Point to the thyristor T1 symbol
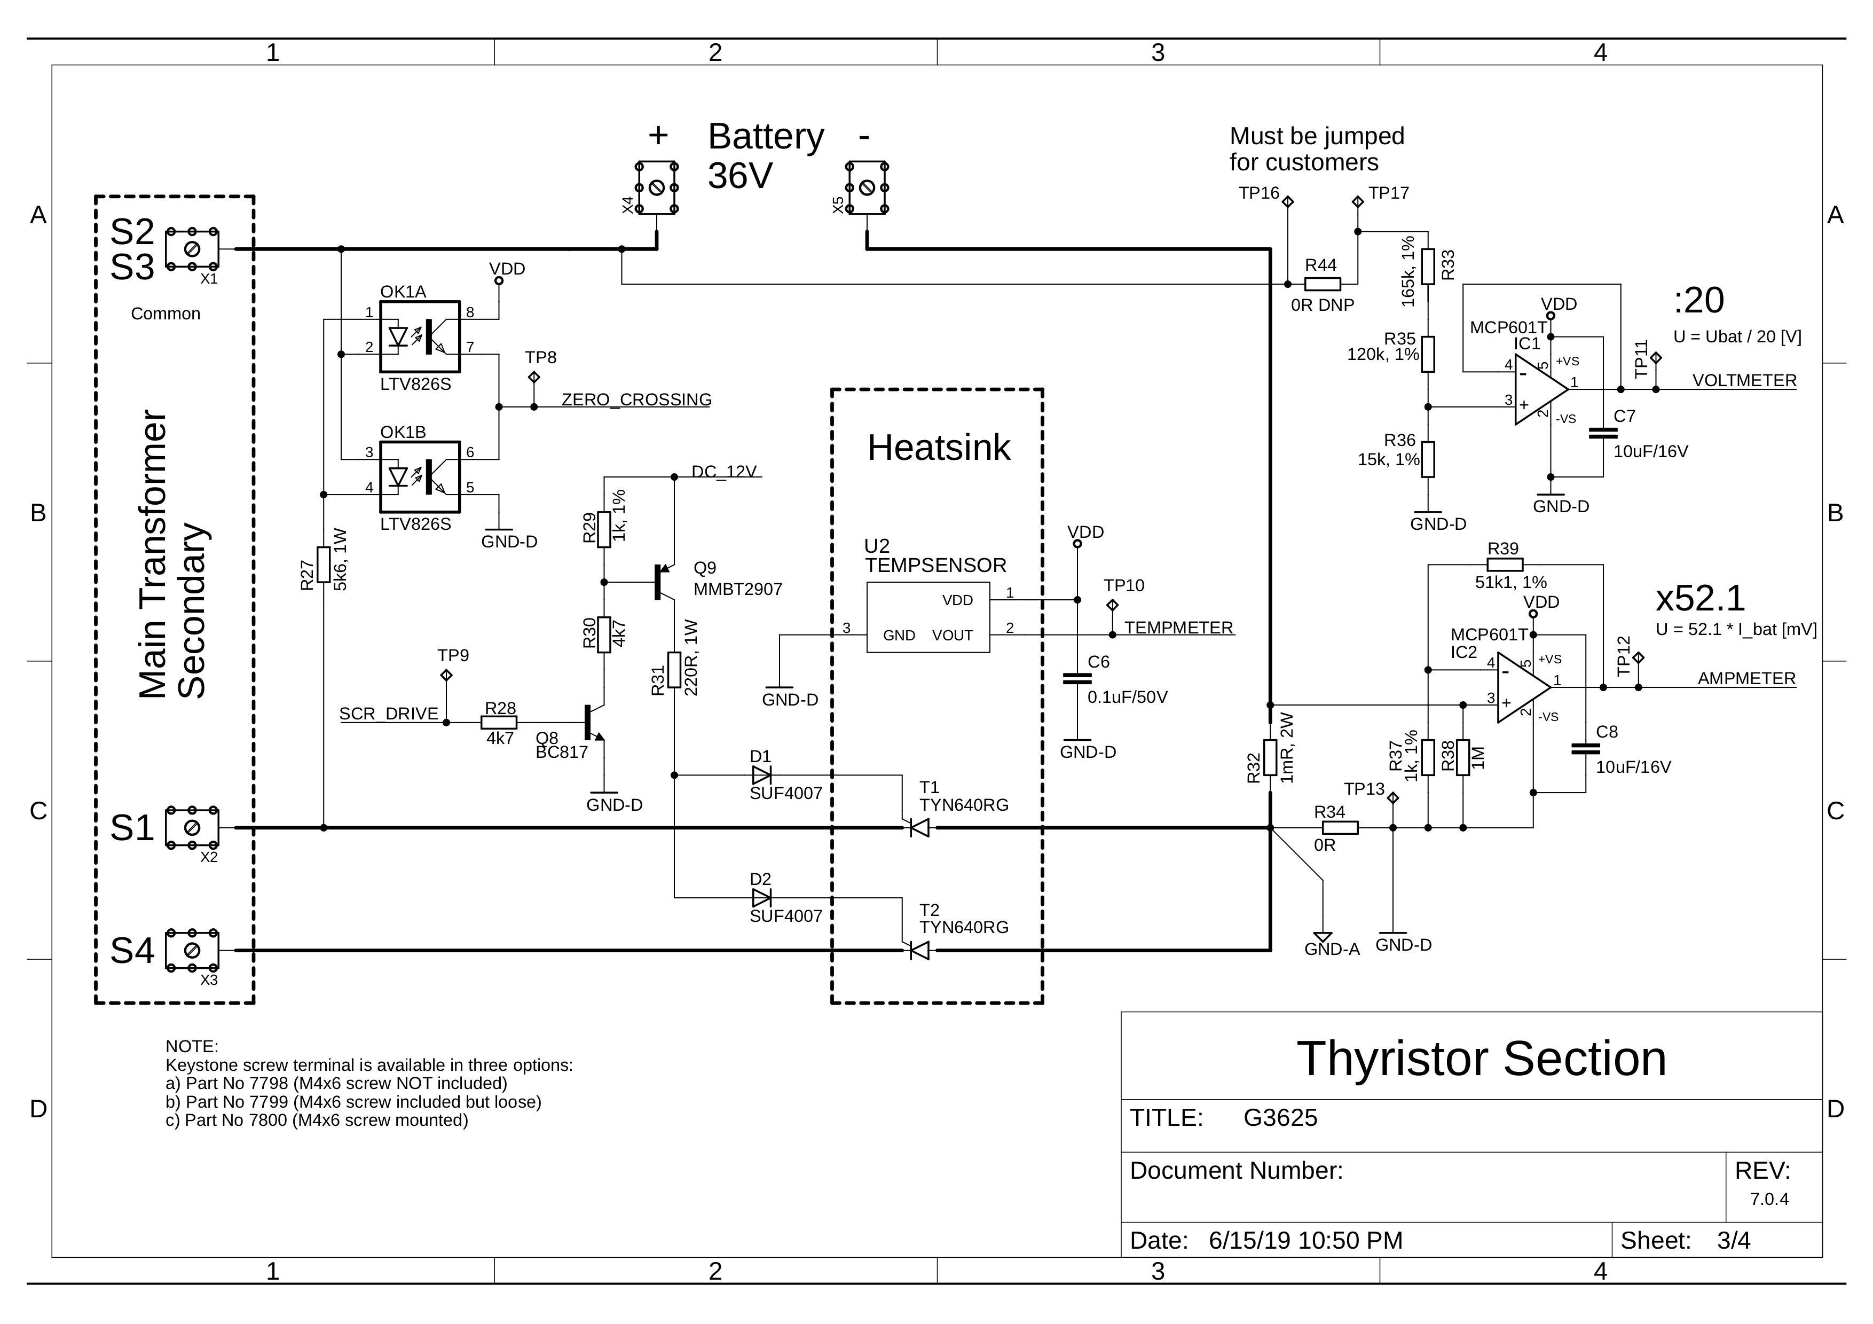click(919, 828)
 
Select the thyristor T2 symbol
click(919, 950)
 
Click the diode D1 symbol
click(761, 775)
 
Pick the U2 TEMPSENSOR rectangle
click(927, 617)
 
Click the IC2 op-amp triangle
click(1521, 688)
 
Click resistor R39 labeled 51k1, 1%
click(1504, 565)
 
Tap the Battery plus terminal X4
click(657, 187)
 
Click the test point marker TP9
click(446, 676)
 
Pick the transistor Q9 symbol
click(663, 582)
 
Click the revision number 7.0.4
click(1768, 1199)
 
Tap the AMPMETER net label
click(1746, 679)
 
